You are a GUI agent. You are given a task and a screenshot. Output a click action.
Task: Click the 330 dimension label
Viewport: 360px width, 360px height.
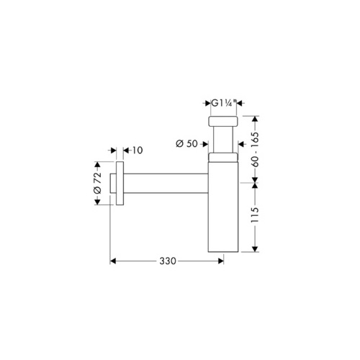tap(168, 261)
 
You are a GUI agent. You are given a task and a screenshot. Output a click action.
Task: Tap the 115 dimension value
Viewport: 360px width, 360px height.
tap(255, 215)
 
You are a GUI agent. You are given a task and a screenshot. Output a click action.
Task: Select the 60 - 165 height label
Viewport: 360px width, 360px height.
tap(255, 149)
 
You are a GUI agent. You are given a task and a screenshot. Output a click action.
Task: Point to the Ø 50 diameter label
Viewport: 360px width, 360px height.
tap(186, 144)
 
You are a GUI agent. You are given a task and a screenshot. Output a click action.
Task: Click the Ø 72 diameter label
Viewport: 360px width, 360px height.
tap(98, 183)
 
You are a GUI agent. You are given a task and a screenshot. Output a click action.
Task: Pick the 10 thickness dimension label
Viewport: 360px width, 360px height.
tap(138, 150)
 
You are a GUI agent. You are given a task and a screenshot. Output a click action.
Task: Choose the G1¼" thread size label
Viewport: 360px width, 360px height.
tap(224, 103)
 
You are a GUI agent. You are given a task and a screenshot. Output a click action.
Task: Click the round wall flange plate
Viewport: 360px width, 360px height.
tap(120, 184)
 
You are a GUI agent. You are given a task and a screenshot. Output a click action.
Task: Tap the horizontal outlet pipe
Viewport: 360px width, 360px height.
tap(166, 183)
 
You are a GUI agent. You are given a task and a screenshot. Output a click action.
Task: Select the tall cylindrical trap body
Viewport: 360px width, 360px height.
tap(223, 207)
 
